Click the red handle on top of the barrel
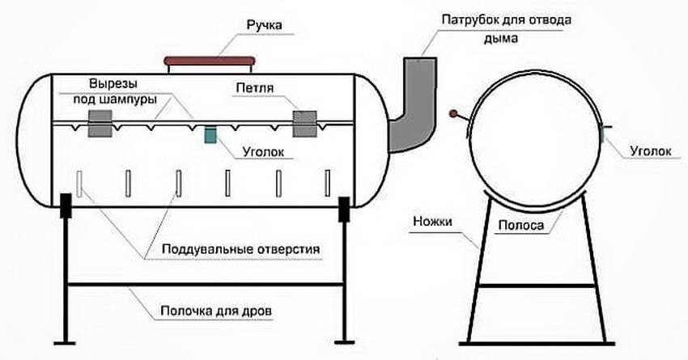click(x=210, y=61)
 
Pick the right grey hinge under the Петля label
click(x=305, y=122)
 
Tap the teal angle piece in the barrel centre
click(x=210, y=135)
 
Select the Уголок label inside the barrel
click(x=263, y=151)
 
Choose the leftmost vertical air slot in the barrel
click(x=79, y=183)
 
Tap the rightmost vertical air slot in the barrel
click(x=327, y=183)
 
